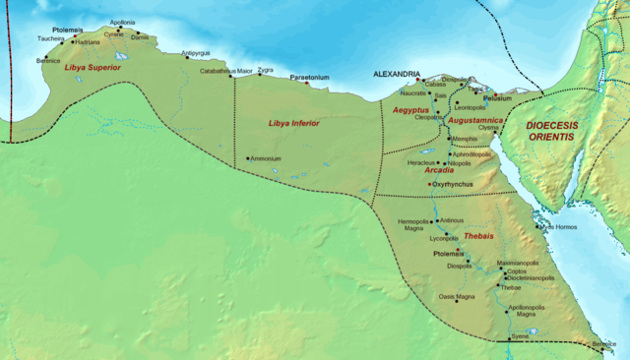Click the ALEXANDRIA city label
(x=398, y=74)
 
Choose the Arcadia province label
(x=438, y=170)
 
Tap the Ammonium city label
(x=266, y=158)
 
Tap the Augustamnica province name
(x=476, y=120)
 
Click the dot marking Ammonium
(x=247, y=158)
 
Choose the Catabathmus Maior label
(x=225, y=71)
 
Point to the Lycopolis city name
(x=444, y=238)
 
